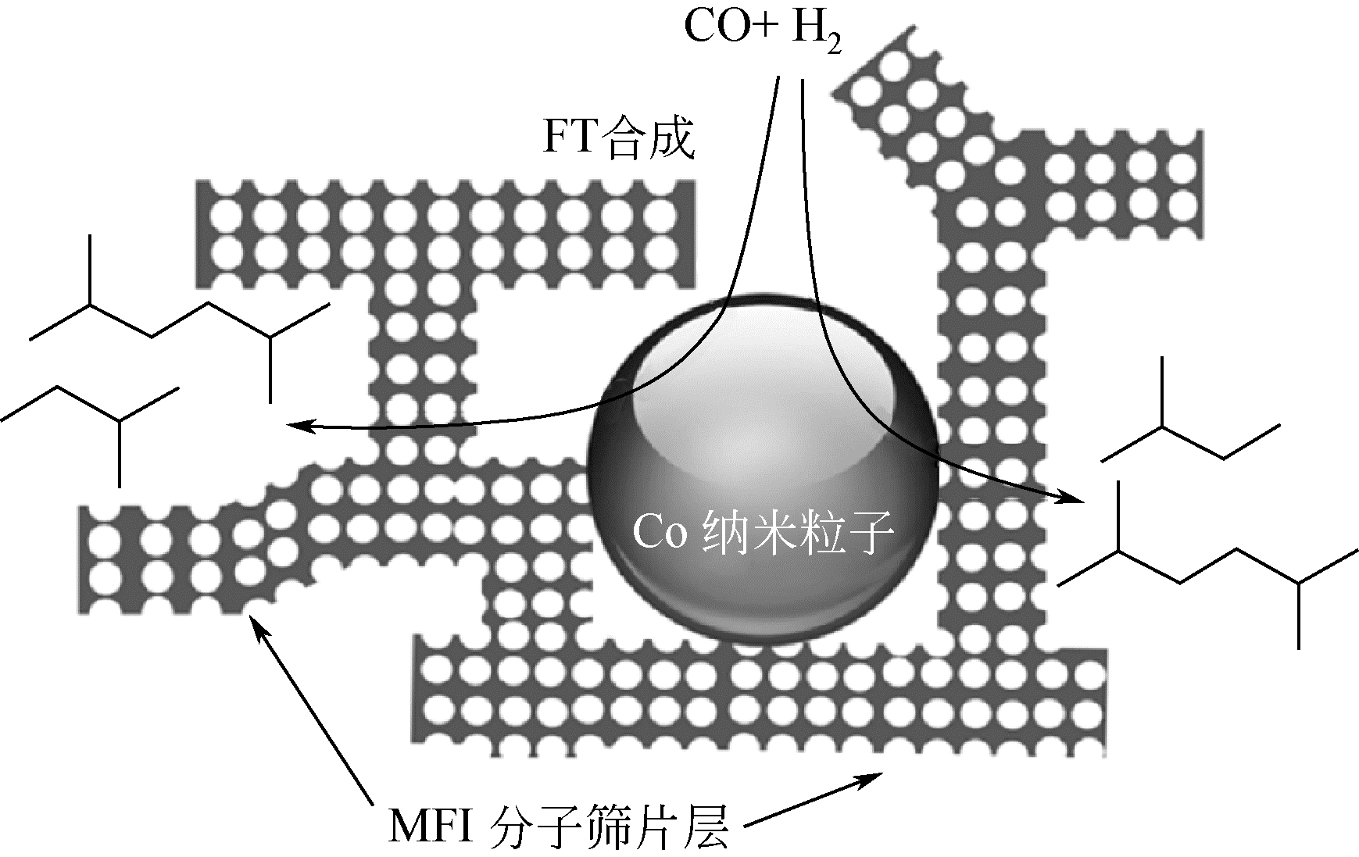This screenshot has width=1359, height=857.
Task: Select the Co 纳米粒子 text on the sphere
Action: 763,533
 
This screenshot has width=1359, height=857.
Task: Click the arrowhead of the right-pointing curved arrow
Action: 1075,498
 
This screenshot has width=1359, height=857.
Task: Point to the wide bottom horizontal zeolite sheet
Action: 758,695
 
